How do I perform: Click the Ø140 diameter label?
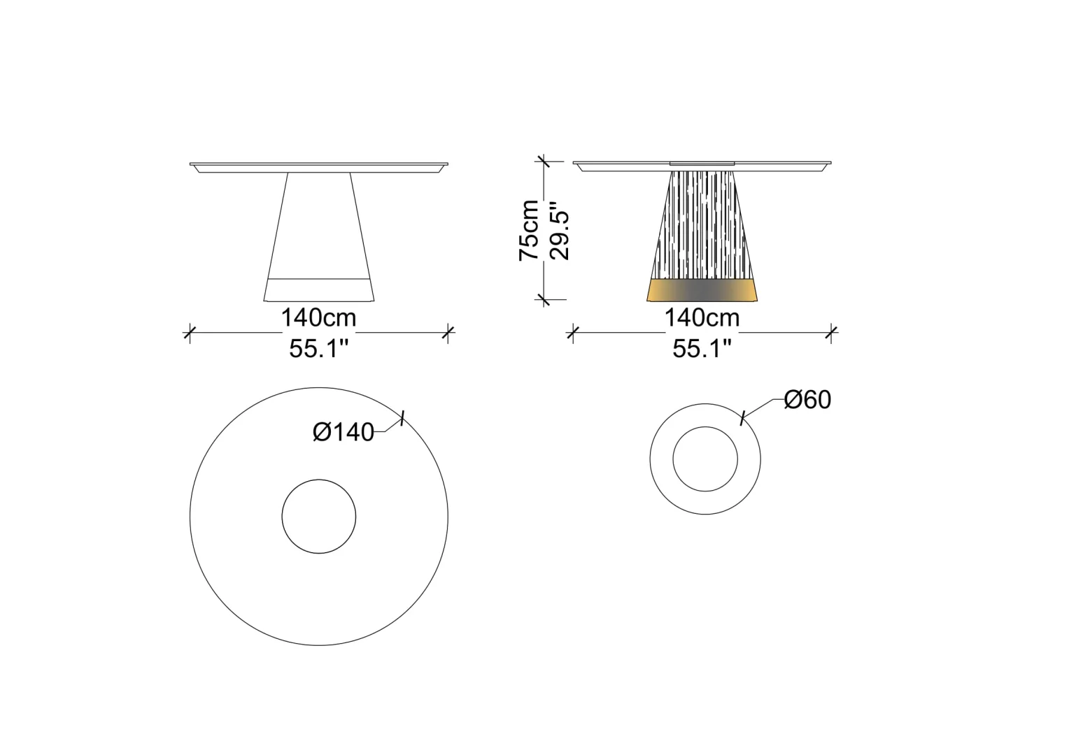[343, 432]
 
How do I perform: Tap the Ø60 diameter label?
[807, 399]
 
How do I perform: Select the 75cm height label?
[529, 231]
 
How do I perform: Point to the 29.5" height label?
[559, 231]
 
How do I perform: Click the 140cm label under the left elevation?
[318, 317]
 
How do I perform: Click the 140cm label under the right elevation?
[702, 317]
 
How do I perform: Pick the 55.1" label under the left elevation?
[319, 349]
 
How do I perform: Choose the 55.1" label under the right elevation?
[702, 349]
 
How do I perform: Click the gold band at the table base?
[702, 290]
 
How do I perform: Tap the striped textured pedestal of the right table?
[702, 225]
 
